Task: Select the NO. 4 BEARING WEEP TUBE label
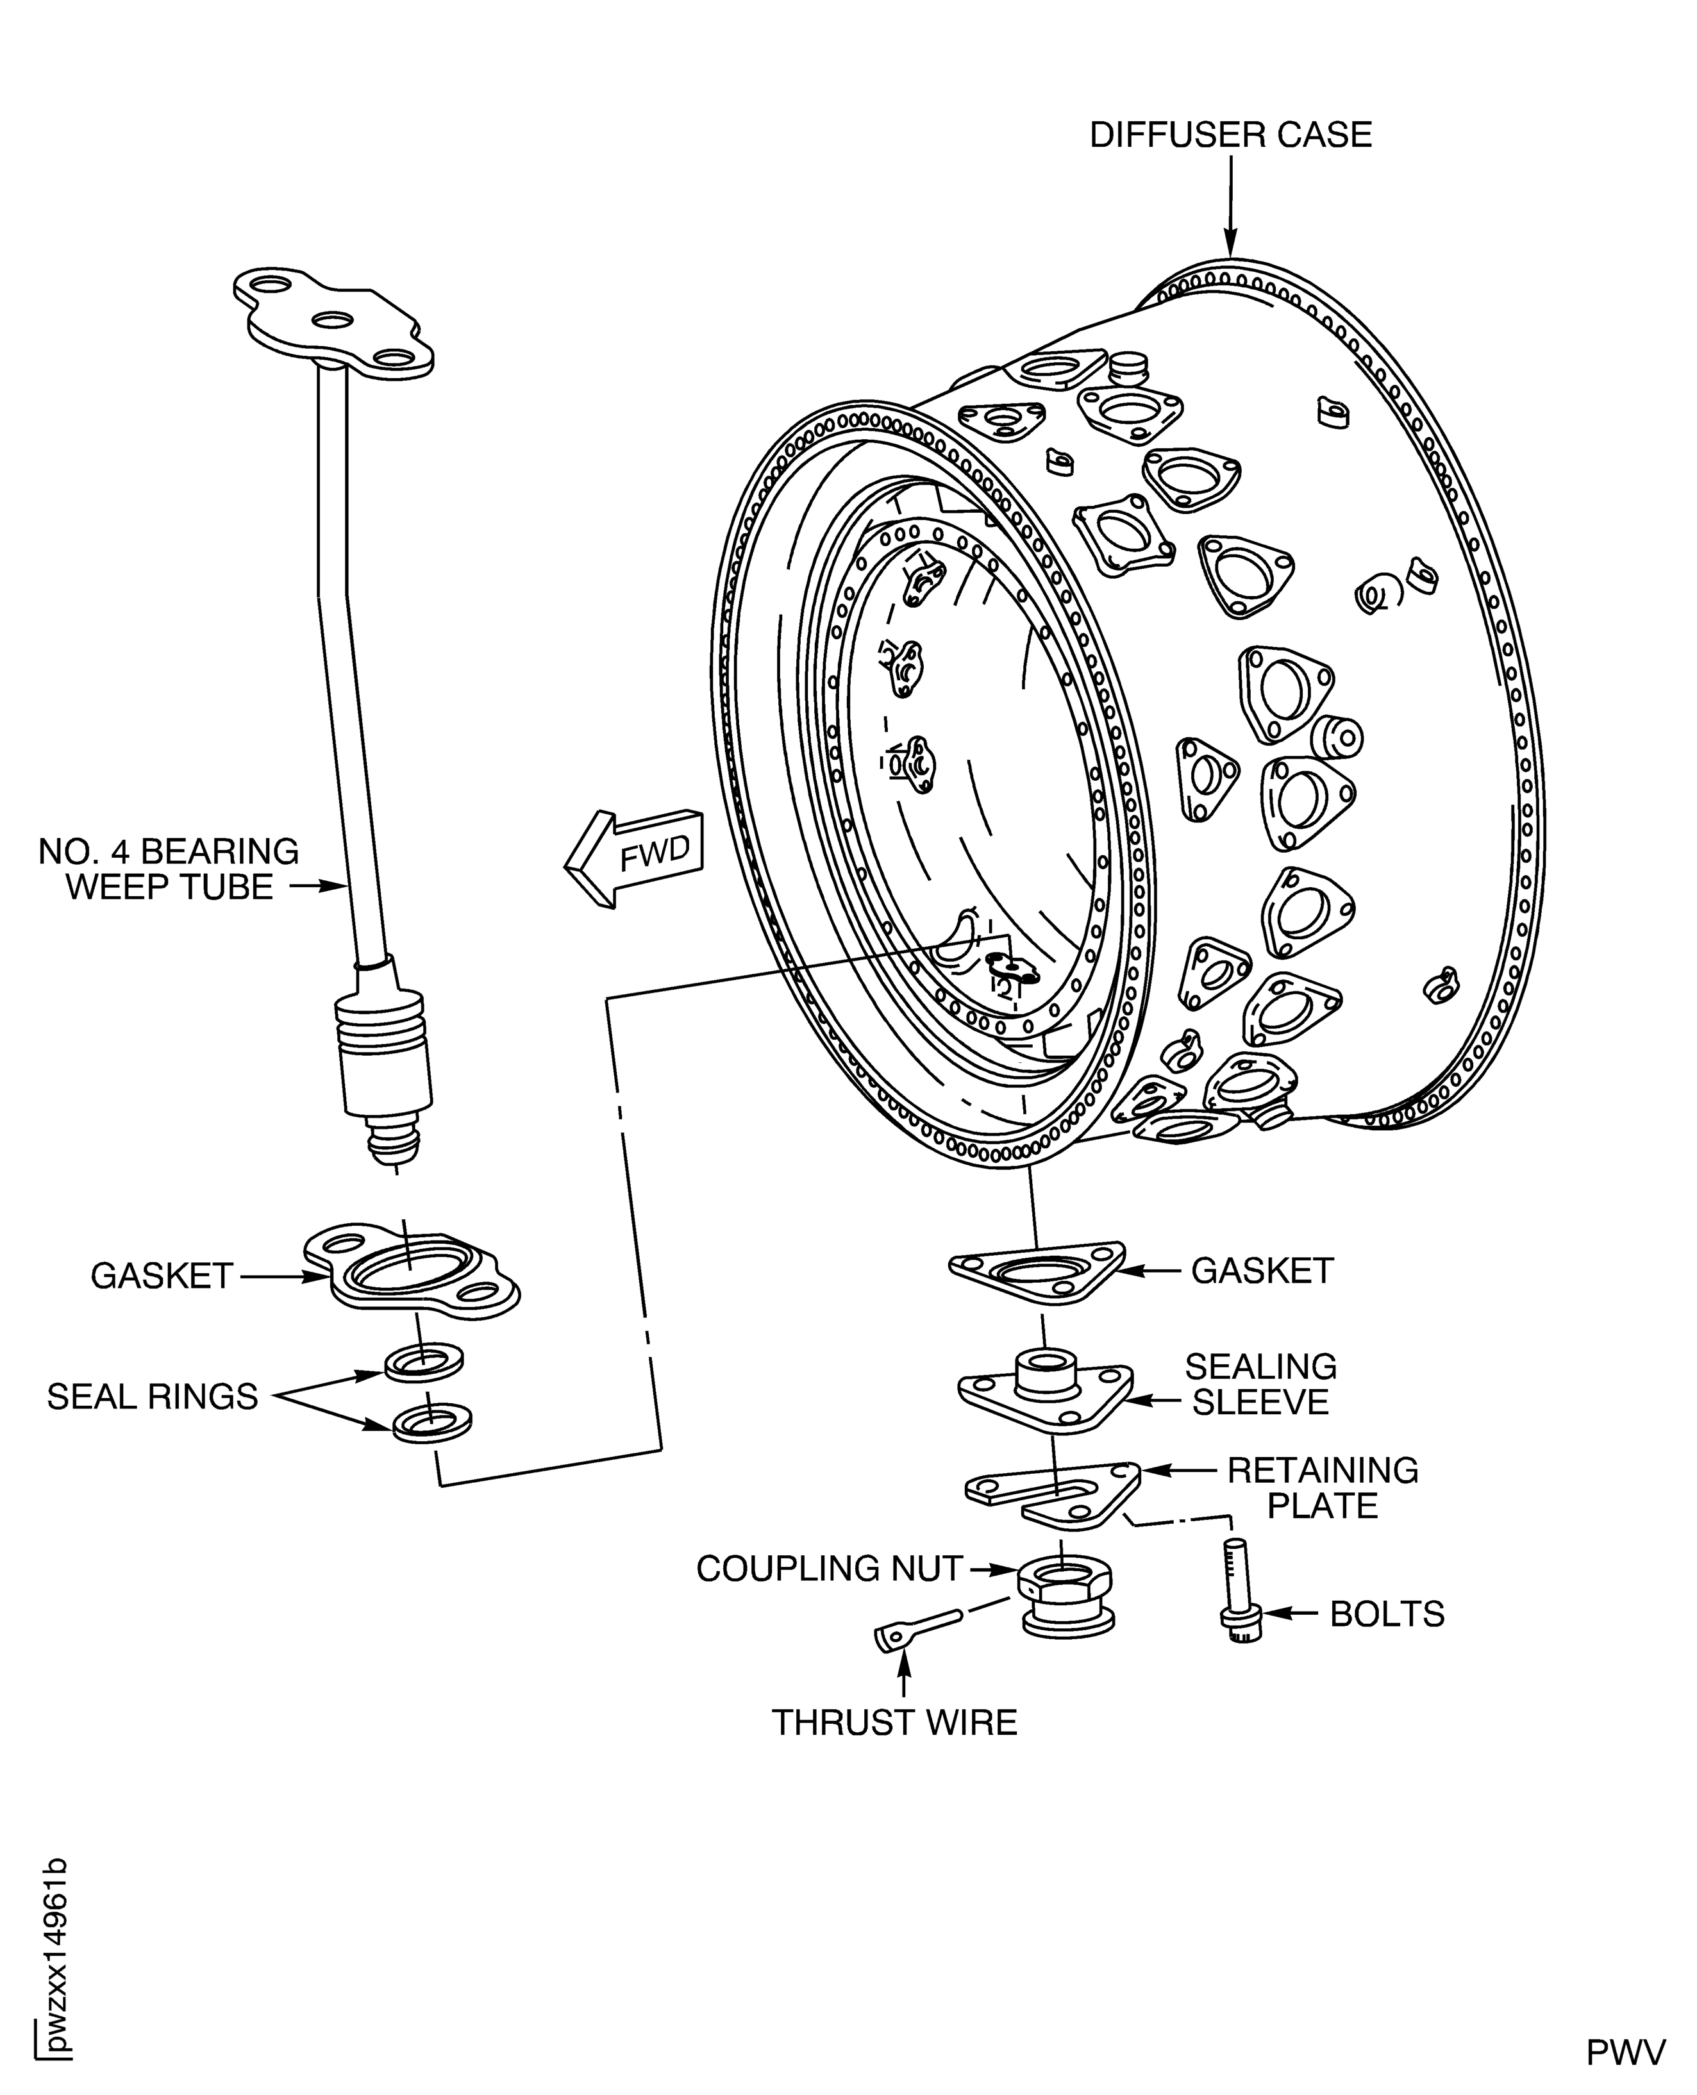168,869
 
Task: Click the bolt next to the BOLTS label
1239,1590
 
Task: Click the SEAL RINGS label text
153,1397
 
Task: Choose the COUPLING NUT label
829,1568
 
